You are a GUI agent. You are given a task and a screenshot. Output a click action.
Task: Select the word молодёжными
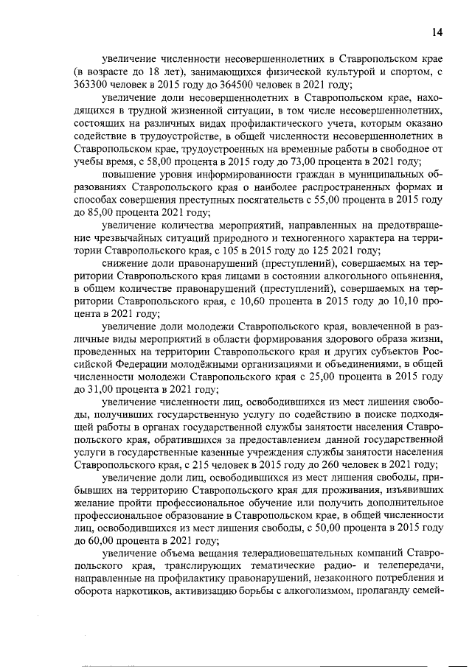click(x=215, y=363)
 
